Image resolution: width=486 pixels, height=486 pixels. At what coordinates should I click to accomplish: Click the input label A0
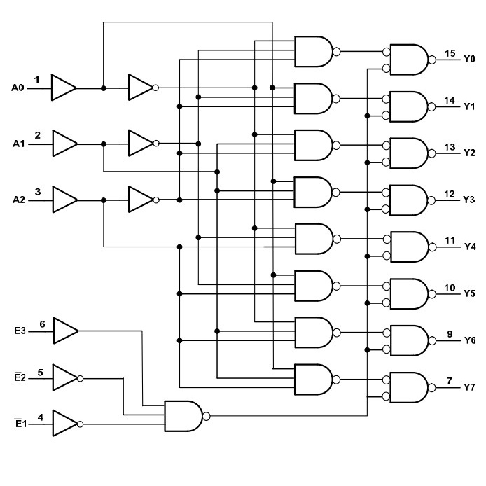click(18, 88)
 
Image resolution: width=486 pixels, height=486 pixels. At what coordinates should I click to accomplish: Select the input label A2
click(18, 200)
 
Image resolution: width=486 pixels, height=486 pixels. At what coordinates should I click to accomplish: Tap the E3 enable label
click(20, 328)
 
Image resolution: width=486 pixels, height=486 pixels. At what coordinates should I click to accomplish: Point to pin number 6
click(42, 324)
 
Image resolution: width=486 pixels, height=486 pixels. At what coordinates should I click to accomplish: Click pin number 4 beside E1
click(41, 417)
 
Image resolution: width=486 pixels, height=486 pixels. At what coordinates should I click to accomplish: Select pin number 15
click(450, 53)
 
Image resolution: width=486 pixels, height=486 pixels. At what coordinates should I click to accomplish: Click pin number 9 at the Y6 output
click(450, 334)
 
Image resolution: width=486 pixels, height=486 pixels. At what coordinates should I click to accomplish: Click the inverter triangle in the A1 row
click(140, 144)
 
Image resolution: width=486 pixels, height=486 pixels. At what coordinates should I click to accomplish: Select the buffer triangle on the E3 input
click(66, 329)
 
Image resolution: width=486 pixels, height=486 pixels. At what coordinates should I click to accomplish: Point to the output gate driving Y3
click(408, 200)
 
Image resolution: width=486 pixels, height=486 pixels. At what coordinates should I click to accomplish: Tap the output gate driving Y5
click(408, 293)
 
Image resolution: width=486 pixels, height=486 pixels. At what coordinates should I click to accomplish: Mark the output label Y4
click(469, 247)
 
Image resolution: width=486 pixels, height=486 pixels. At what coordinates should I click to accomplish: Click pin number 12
click(450, 194)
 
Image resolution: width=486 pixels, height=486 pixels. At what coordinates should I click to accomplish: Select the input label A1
click(18, 144)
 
